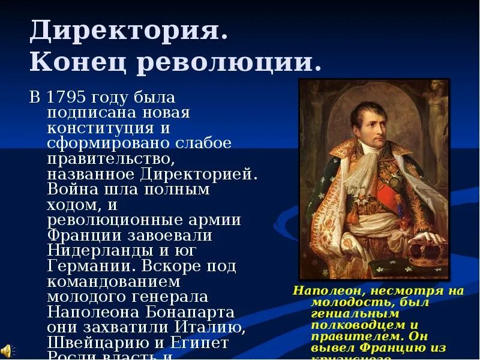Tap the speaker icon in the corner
pos(6,350)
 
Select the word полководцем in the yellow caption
pos(348,325)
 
